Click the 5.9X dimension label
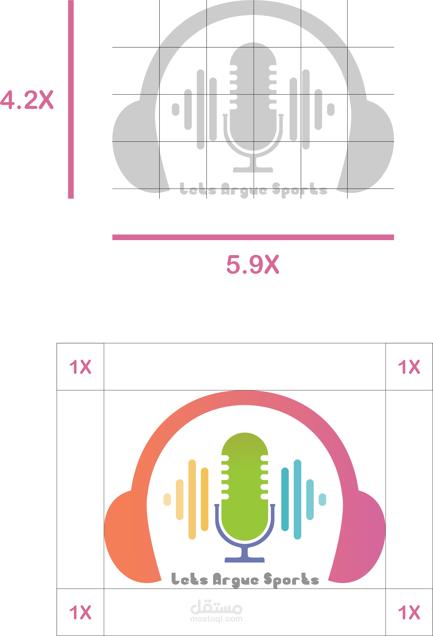pyautogui.click(x=252, y=265)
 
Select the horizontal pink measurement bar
pyautogui.click(x=253, y=237)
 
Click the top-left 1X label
pyautogui.click(x=80, y=367)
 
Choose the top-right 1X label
pyautogui.click(x=409, y=367)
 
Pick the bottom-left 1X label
pyautogui.click(x=80, y=612)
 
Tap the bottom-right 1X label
pyautogui.click(x=409, y=612)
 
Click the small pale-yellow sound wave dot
pyautogui.click(x=167, y=499)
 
